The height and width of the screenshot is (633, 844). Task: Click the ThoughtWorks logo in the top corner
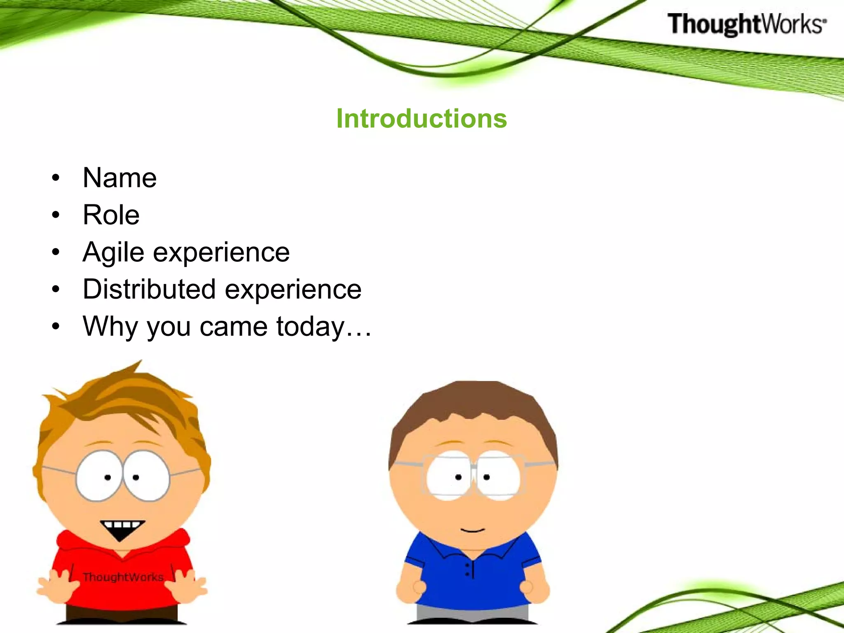(746, 24)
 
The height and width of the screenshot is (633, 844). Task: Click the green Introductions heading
(421, 119)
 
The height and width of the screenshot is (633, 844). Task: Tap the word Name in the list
(120, 178)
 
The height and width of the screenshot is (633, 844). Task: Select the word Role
(111, 215)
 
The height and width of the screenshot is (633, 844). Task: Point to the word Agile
(113, 252)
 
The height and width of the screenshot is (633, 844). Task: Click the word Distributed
(149, 289)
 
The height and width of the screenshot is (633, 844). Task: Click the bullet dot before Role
(56, 215)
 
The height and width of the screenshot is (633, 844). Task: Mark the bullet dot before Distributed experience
(56, 289)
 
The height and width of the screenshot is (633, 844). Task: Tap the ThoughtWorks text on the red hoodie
(123, 577)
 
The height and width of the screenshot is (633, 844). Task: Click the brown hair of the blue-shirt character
(474, 402)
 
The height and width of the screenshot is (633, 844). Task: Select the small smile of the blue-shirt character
(473, 530)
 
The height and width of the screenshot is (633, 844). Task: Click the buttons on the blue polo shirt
(467, 570)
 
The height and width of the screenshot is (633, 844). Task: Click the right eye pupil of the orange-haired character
(136, 477)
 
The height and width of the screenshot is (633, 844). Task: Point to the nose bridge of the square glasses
(473, 468)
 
